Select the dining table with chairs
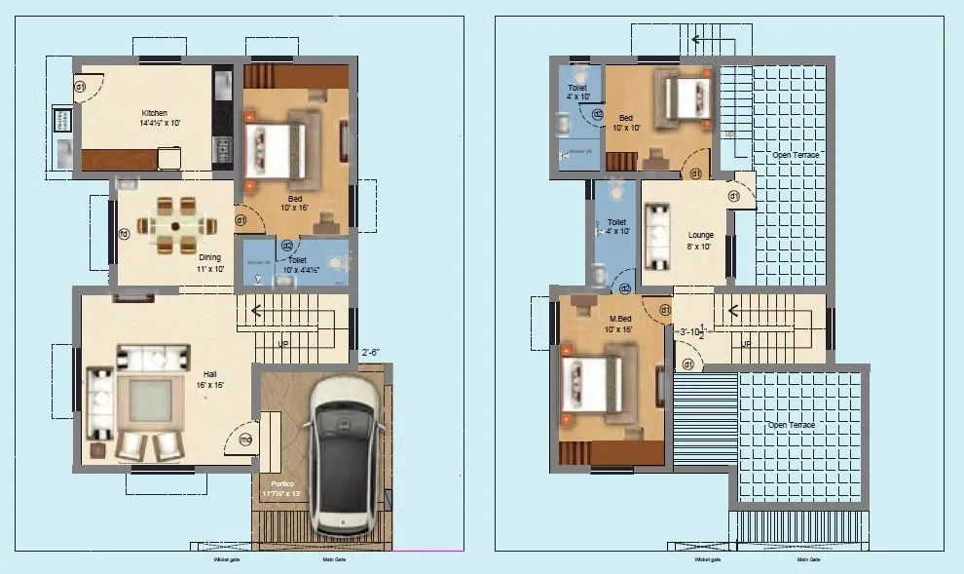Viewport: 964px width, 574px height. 174,226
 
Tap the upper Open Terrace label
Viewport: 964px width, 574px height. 795,155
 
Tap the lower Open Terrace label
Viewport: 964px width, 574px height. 791,425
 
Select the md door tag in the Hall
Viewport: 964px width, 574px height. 245,440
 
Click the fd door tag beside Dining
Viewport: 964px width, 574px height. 124,234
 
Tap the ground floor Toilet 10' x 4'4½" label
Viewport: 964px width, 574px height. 296,266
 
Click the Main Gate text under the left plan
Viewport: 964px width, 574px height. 335,559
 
